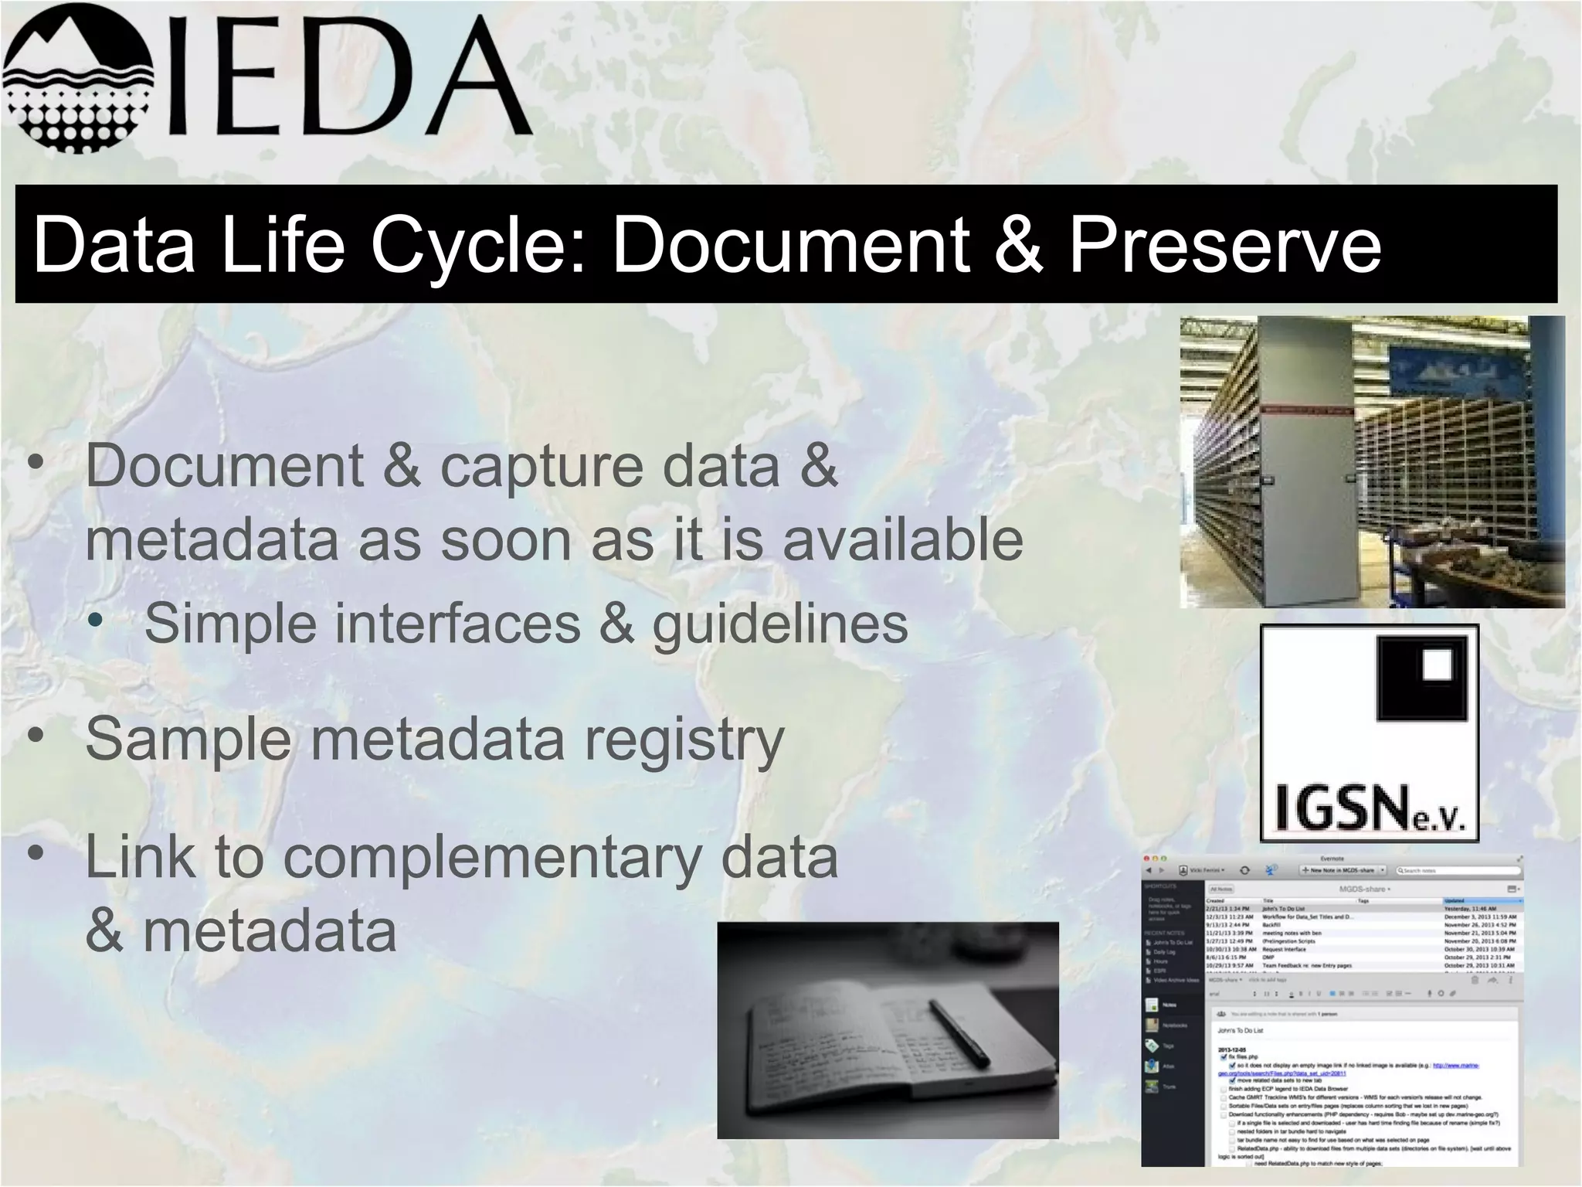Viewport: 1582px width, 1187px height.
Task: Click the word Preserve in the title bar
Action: coord(1224,245)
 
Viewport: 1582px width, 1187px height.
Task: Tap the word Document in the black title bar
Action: coord(789,245)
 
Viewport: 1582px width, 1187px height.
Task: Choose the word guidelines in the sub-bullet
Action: coord(780,624)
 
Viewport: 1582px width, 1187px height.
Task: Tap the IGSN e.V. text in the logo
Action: coord(1370,809)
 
